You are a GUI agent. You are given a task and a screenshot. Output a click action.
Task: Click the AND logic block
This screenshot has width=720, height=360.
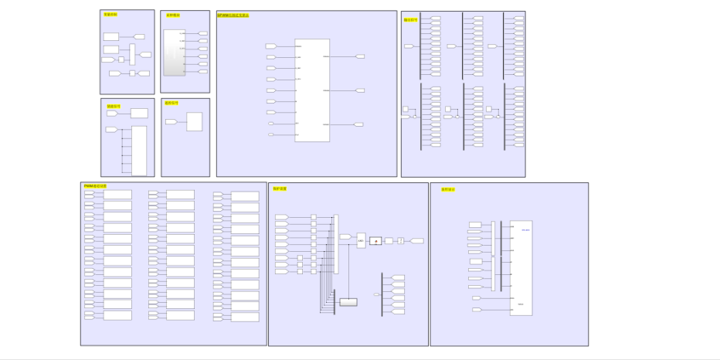[x=361, y=241]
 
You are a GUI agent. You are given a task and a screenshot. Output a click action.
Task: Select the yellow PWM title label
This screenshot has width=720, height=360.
[x=95, y=186]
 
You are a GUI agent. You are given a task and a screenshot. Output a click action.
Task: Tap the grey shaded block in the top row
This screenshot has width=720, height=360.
[x=174, y=53]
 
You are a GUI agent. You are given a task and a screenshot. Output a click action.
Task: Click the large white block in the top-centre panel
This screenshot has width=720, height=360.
[x=312, y=90]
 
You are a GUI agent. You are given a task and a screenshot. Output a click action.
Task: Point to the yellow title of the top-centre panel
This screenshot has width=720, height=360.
[x=233, y=15]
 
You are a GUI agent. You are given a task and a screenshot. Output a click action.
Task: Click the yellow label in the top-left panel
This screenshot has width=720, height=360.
[x=110, y=15]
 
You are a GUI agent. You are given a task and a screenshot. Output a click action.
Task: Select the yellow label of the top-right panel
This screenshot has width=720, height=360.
[x=411, y=20]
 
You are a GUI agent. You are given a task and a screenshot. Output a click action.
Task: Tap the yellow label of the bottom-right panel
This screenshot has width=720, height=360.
[x=448, y=189]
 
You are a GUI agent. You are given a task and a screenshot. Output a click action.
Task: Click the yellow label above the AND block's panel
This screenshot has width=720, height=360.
[x=280, y=188]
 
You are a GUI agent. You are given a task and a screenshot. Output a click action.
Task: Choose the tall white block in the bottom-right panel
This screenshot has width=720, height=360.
[x=521, y=268]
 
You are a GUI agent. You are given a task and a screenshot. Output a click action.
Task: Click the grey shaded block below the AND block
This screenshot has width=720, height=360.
[x=348, y=302]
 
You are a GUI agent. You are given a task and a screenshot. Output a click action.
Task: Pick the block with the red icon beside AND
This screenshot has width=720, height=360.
[x=375, y=241]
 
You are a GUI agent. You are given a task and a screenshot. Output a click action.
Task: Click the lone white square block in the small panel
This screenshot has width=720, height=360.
[x=194, y=122]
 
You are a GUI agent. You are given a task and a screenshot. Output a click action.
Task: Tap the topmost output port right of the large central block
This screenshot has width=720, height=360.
[x=359, y=56]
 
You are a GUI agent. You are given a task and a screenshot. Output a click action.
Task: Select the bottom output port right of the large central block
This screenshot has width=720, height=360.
[x=359, y=124]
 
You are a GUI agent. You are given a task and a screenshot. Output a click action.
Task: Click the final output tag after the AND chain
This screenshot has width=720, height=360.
[x=417, y=241]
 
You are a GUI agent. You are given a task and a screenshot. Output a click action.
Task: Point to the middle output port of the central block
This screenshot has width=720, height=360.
[x=359, y=90]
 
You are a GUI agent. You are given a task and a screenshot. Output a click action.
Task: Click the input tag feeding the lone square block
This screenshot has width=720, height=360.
[x=172, y=122]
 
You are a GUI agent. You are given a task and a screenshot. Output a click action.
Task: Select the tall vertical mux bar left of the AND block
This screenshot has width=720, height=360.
[x=335, y=244]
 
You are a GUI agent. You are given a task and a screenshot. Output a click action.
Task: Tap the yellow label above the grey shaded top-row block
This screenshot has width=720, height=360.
[x=172, y=15]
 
